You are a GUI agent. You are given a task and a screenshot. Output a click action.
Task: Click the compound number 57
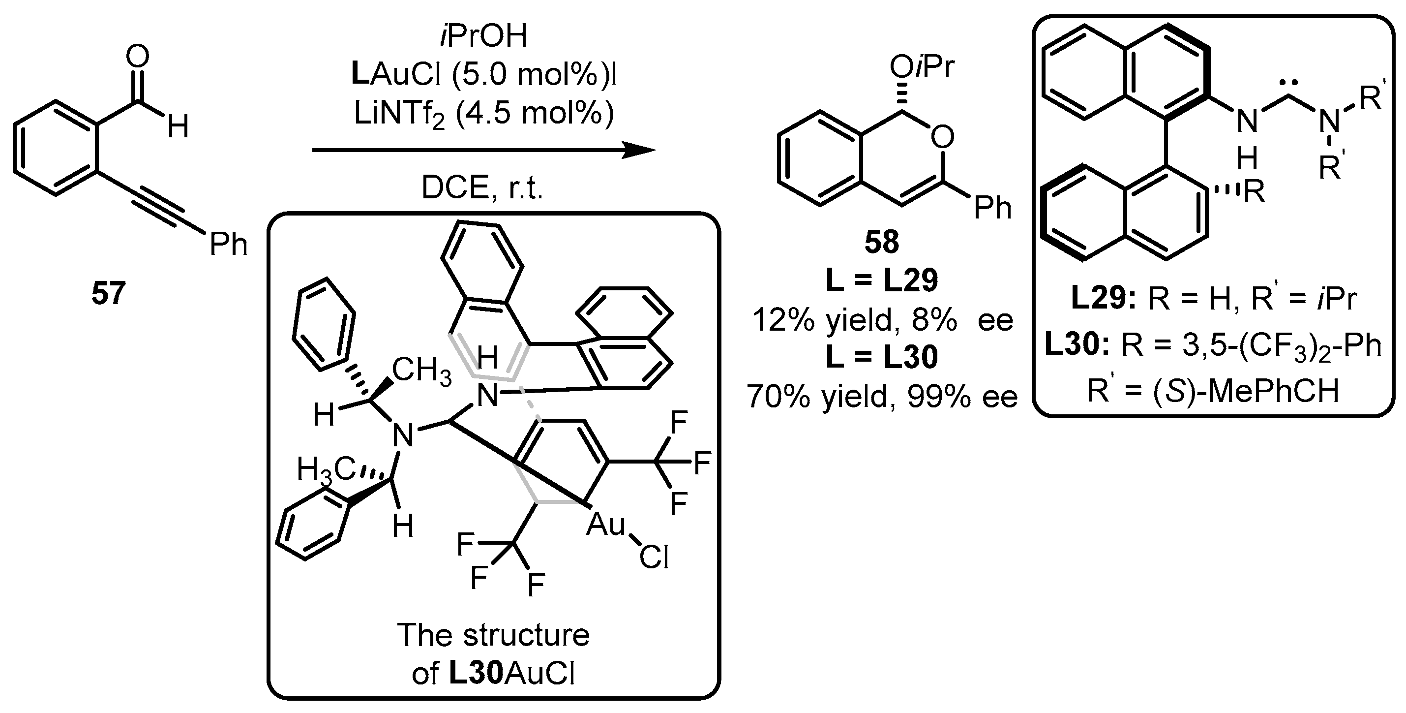(x=108, y=294)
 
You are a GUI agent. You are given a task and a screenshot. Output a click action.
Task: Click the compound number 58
(x=881, y=242)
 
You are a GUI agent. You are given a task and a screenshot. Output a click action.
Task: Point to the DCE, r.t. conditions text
(x=482, y=188)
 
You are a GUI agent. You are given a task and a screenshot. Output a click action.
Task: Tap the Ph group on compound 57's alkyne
(x=228, y=244)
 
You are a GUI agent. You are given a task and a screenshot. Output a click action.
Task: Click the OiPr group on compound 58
(x=923, y=68)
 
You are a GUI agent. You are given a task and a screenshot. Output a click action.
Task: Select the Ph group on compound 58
(x=993, y=208)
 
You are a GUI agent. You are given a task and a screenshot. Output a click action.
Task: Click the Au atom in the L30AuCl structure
(x=605, y=525)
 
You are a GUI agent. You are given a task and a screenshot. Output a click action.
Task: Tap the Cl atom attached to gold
(x=654, y=558)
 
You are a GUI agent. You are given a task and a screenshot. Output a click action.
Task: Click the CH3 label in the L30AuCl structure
(x=421, y=371)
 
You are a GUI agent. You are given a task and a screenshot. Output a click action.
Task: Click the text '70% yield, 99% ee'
(x=881, y=396)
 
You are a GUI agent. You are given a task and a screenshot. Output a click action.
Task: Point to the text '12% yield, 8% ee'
(x=881, y=320)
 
